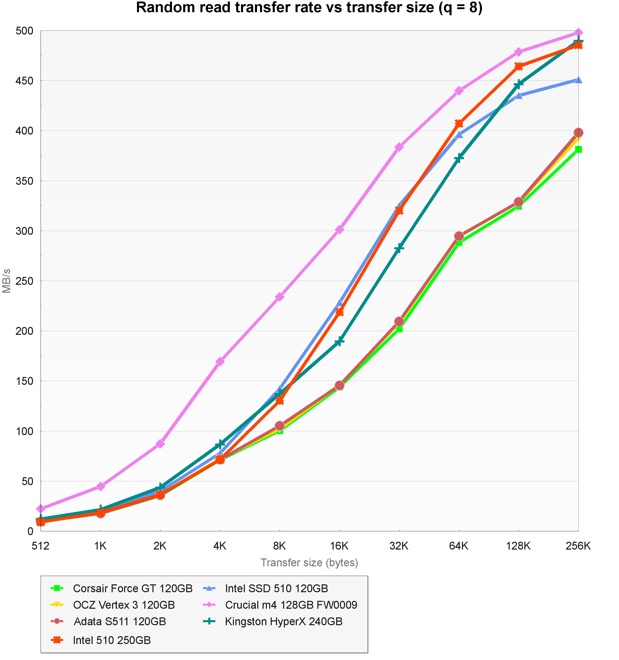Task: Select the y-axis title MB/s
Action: [7, 281]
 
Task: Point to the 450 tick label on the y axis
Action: [25, 81]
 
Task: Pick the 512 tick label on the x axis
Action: [41, 546]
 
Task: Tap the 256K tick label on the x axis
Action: [578, 546]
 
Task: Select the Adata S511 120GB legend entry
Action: [119, 621]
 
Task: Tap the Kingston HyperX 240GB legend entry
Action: [284, 621]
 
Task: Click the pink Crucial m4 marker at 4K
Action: [220, 361]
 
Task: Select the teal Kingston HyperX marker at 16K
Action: [339, 341]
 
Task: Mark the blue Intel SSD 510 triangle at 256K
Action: [578, 80]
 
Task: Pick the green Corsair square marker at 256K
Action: [578, 150]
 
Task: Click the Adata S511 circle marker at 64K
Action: [459, 236]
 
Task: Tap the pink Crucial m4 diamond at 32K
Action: [399, 147]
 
